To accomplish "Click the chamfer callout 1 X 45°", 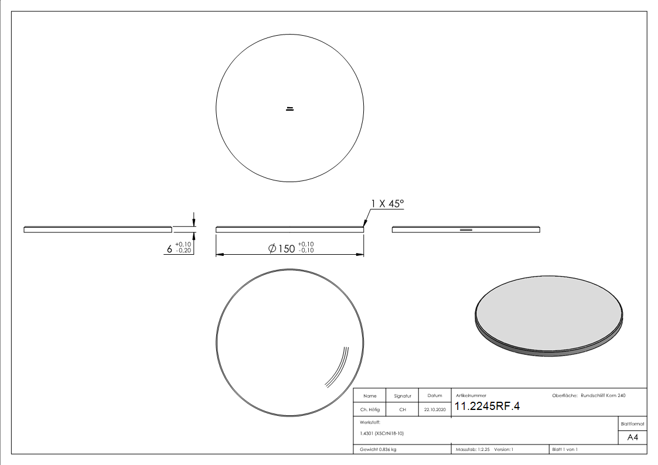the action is point(387,204).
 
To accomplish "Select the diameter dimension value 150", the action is point(287,249).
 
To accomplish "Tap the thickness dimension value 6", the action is point(169,249).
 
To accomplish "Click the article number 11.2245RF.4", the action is point(487,406).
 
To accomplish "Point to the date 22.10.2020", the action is point(435,409).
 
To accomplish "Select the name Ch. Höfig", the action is point(370,409).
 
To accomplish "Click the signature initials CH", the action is point(403,409).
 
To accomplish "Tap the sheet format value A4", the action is point(632,437).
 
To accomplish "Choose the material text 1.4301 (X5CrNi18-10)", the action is point(382,433).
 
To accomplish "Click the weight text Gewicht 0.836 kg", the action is point(378,450).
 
